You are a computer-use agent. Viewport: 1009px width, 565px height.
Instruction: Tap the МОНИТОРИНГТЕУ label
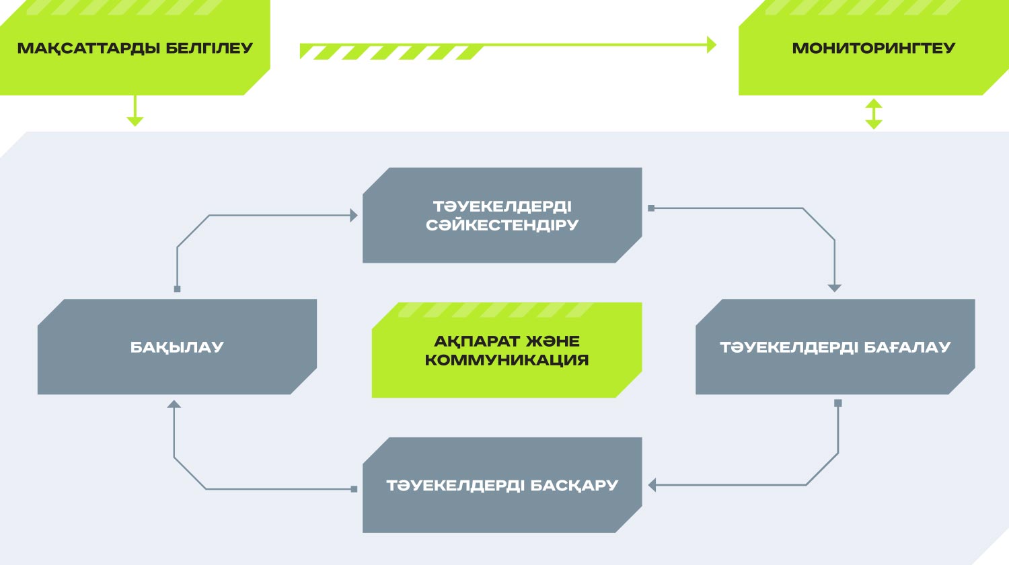[873, 48]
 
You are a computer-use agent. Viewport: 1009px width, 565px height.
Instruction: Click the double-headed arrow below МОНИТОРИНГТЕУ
[873, 114]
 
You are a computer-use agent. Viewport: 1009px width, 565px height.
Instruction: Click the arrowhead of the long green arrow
[711, 44]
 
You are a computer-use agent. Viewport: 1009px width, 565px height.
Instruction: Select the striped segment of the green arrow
[391, 52]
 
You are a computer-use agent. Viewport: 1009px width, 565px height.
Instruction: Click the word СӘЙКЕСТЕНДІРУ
[502, 225]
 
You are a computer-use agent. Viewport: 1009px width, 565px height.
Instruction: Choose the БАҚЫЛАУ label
[177, 347]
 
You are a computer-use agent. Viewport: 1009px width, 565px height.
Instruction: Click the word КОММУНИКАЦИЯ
[507, 360]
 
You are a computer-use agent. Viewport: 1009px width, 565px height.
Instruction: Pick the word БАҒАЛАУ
[907, 347]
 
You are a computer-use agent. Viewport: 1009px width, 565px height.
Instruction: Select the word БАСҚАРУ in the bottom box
[574, 485]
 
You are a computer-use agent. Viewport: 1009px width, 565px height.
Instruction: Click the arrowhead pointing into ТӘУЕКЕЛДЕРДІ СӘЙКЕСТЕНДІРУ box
[354, 215]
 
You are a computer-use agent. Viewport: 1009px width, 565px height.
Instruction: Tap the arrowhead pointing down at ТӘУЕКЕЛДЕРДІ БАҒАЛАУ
[834, 288]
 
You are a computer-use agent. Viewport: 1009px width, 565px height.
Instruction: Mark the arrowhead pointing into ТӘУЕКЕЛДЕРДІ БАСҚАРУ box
[652, 485]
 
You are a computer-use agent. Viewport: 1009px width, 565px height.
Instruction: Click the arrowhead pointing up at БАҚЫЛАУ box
[174, 404]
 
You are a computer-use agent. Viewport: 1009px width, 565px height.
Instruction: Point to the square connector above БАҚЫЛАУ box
[177, 289]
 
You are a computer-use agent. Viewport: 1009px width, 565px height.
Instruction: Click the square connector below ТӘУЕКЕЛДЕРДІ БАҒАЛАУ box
[838, 403]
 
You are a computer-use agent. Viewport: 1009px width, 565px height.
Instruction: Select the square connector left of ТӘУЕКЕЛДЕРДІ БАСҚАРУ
[354, 489]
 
